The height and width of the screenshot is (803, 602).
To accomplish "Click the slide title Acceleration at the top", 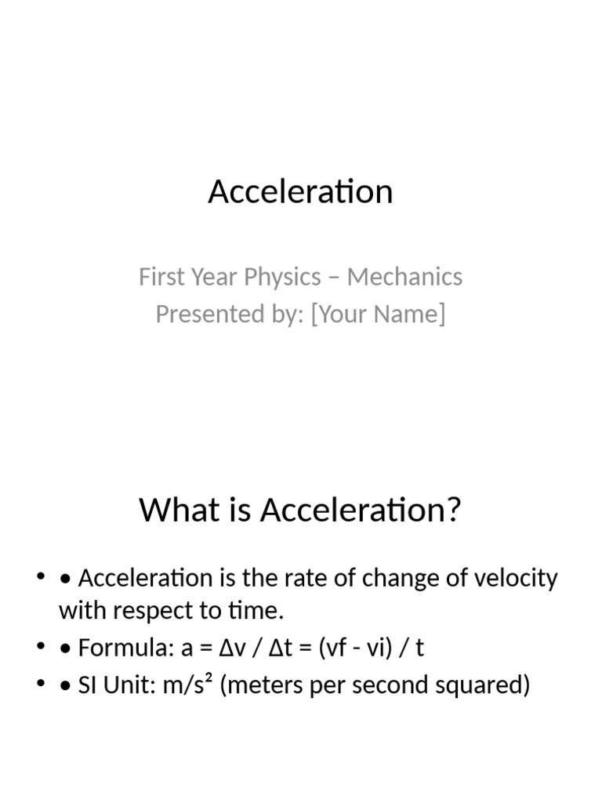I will pyautogui.click(x=300, y=191).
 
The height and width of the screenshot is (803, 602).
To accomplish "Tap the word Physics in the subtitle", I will pyautogui.click(x=282, y=277).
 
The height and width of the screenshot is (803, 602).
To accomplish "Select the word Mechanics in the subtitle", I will pyautogui.click(x=404, y=277).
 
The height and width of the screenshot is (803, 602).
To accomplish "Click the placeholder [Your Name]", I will pyautogui.click(x=378, y=314).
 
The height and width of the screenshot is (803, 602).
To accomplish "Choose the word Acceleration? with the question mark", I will pyautogui.click(x=361, y=511).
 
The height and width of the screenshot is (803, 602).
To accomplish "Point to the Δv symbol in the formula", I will pyautogui.click(x=231, y=649).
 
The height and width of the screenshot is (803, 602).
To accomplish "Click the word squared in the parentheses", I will pyautogui.click(x=487, y=685).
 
